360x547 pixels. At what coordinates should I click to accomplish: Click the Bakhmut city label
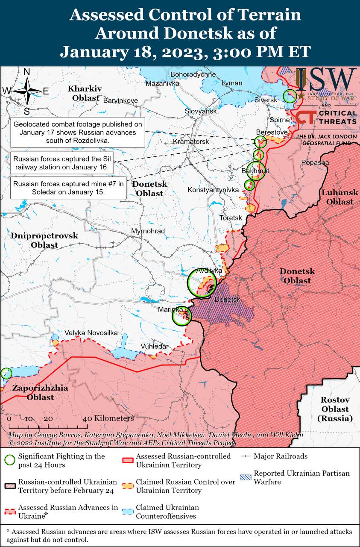point(255,171)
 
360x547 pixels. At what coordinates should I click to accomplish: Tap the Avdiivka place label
point(209,271)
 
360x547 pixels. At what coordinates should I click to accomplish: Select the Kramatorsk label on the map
point(191,141)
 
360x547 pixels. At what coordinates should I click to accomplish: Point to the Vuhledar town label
point(155,346)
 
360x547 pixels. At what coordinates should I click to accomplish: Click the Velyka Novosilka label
point(91,333)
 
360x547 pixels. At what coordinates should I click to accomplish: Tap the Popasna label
point(315,163)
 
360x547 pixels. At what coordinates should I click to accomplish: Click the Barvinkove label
point(121,100)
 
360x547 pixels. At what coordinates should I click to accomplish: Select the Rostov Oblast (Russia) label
point(335,409)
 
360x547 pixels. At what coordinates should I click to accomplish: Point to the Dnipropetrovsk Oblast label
point(44,240)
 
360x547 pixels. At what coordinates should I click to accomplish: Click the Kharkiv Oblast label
point(85,93)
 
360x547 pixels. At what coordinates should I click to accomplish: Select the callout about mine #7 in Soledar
point(68,188)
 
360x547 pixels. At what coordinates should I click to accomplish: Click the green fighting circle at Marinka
point(181,317)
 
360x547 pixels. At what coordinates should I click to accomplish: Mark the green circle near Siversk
point(290,96)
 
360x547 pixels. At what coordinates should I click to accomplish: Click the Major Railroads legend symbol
point(245,456)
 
